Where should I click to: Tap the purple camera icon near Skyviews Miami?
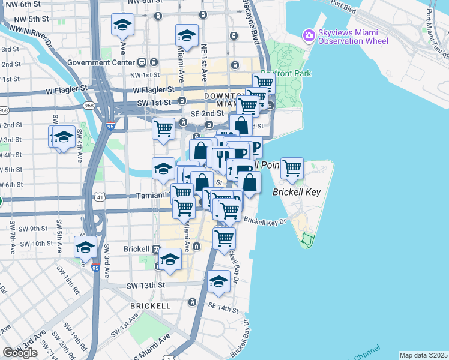[x=309, y=35]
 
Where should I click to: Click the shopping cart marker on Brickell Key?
[x=292, y=169]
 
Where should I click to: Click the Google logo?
[x=20, y=353]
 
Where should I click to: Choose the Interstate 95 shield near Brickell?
[x=95, y=268]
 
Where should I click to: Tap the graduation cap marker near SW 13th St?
[x=218, y=281]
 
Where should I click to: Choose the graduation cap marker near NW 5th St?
[x=122, y=25]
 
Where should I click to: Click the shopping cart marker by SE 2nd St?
[x=163, y=128]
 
